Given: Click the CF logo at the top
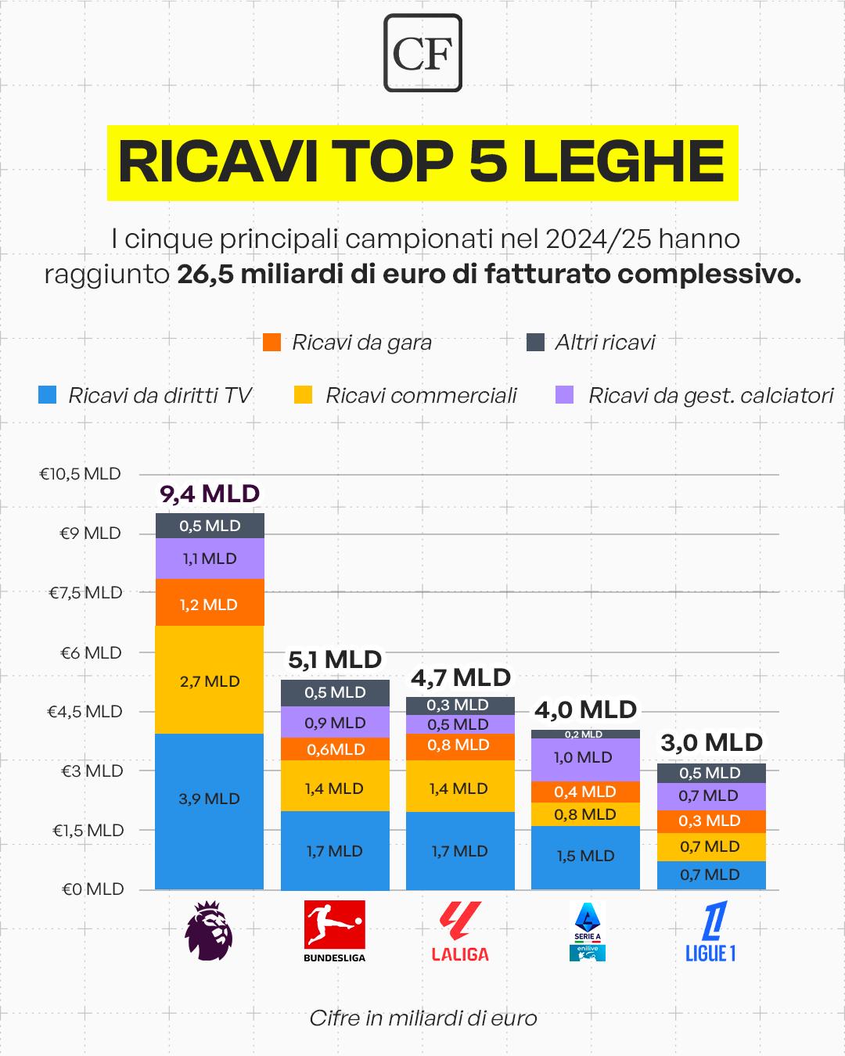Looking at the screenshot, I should [x=422, y=52].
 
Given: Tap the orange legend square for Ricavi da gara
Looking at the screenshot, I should [x=272, y=343].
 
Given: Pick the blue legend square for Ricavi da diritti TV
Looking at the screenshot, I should [x=48, y=396].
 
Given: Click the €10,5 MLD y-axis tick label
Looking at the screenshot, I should [x=81, y=474].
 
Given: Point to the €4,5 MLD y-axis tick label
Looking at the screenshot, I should [x=85, y=712].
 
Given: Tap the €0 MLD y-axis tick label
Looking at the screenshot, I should [x=92, y=889].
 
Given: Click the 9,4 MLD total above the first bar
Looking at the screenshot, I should [x=210, y=494].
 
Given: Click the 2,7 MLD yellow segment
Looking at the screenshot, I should [x=210, y=681].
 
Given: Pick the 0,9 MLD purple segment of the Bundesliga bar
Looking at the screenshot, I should [x=335, y=723].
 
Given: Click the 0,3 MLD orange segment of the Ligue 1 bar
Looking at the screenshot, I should [x=710, y=821].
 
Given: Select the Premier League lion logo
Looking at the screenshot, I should [x=209, y=931].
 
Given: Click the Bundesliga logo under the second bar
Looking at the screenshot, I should [x=335, y=931].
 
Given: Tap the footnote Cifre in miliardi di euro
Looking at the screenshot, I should [x=422, y=1018].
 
